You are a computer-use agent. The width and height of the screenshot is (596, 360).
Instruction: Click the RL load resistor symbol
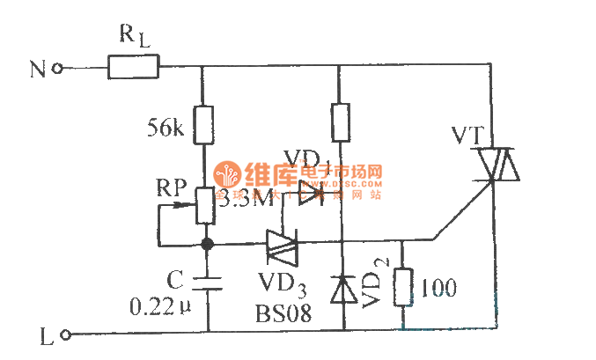click(x=133, y=67)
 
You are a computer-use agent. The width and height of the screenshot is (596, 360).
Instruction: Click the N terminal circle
click(x=58, y=68)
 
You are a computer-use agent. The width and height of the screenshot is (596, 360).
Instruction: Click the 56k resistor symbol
click(x=203, y=124)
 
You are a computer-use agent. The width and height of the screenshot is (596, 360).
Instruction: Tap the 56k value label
click(x=166, y=129)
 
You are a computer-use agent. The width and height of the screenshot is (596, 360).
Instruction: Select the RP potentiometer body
click(x=203, y=205)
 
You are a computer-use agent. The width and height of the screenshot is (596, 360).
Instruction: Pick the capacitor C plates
click(x=205, y=282)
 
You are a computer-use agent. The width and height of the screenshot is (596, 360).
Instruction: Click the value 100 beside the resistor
click(x=439, y=286)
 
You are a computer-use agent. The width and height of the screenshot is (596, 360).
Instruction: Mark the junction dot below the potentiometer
click(x=205, y=242)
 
